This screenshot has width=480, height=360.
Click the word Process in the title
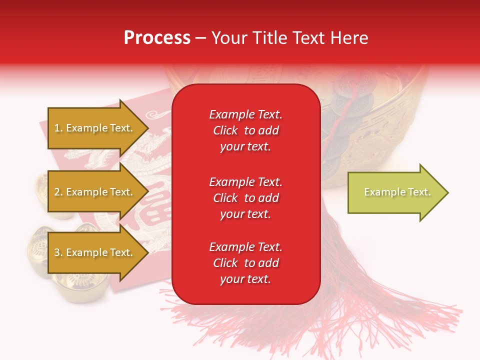[x=157, y=38]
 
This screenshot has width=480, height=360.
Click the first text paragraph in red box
[x=245, y=130]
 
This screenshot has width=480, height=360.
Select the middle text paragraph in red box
[x=245, y=198]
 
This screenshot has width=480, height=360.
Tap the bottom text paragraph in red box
[x=245, y=263]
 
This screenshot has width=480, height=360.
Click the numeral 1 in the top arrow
[x=57, y=128]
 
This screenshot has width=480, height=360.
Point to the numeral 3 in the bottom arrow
[x=57, y=253]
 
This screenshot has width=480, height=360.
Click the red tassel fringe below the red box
[x=300, y=320]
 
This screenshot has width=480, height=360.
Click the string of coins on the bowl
[x=345, y=115]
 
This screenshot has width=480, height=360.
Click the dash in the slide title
[x=200, y=38]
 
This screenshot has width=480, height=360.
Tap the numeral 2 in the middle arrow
[x=57, y=192]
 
